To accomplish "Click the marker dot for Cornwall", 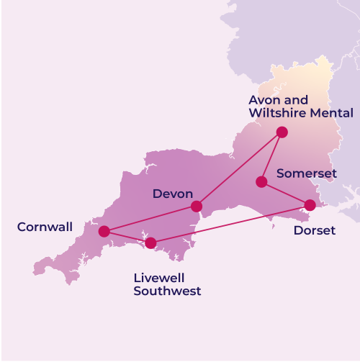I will [x=104, y=231].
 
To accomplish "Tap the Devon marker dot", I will [x=196, y=207].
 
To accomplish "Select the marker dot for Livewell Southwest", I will [x=150, y=243].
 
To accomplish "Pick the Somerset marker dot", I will [x=261, y=182].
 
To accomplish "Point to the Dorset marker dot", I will [x=310, y=205].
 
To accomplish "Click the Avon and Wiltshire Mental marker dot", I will [x=282, y=132].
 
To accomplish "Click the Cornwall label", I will [x=45, y=227].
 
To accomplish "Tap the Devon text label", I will [x=173, y=194].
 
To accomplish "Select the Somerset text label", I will [x=306, y=173].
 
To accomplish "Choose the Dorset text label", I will [x=315, y=231].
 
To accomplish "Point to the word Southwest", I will [x=167, y=291].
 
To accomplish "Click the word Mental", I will [x=334, y=113].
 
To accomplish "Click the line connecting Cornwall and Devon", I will [x=150, y=219].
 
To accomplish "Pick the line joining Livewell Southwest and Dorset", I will [x=230, y=224].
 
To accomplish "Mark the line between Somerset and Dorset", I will [x=286, y=194].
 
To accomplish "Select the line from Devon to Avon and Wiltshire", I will [x=239, y=169].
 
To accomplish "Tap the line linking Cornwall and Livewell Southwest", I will [x=127, y=237].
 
